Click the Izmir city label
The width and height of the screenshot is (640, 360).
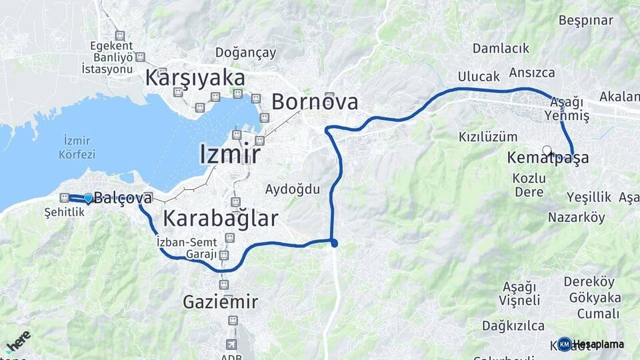click(229, 154)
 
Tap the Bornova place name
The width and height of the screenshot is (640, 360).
click(314, 102)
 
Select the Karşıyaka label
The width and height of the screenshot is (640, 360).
click(195, 77)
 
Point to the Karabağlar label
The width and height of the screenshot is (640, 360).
click(220, 218)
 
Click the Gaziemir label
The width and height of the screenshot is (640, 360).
click(220, 302)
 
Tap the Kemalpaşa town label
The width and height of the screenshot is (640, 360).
click(548, 159)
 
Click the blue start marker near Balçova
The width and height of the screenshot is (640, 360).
click(88, 197)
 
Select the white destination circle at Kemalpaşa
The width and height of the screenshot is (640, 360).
click(547, 151)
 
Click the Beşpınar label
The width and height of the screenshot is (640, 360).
click(585, 21)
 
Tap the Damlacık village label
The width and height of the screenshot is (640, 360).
click(501, 48)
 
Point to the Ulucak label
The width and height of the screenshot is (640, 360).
click(478, 77)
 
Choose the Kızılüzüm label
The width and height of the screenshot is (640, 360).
click(487, 137)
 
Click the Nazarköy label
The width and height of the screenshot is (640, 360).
click(576, 217)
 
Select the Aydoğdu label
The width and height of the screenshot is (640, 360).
click(292, 189)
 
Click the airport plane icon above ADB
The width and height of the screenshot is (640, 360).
click(231, 345)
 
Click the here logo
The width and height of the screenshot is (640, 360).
click(18, 340)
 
